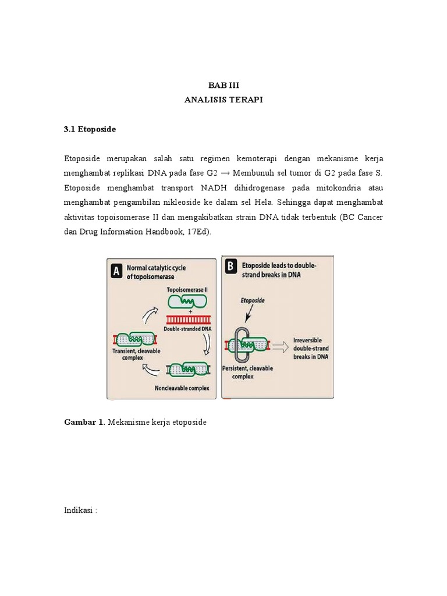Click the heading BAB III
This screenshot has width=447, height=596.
223,85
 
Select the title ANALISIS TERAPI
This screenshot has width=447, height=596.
223,100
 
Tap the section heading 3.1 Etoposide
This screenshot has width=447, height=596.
90,129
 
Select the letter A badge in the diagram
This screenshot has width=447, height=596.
116,271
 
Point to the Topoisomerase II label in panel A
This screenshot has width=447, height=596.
187,289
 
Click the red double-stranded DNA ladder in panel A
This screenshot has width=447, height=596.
189,320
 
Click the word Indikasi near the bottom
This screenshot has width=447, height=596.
79,510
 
